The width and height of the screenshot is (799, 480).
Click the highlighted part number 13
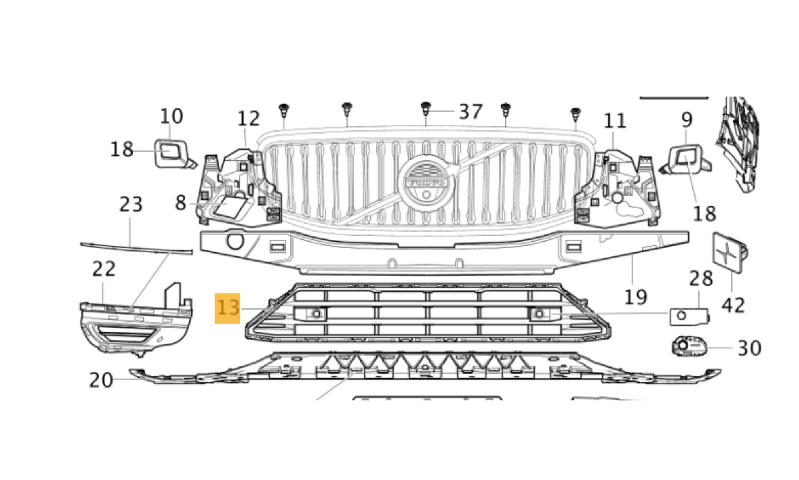click(x=227, y=308)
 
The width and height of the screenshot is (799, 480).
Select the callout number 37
click(x=471, y=112)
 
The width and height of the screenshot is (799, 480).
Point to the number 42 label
click(x=733, y=306)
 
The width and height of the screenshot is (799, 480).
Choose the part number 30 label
click(x=749, y=348)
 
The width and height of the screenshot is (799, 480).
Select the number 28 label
click(x=701, y=278)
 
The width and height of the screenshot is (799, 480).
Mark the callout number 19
click(x=635, y=297)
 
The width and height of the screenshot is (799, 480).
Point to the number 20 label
click(x=101, y=380)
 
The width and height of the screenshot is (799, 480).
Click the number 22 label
click(x=104, y=269)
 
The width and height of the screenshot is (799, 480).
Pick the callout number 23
click(x=131, y=204)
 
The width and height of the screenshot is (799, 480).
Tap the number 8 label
click(x=181, y=203)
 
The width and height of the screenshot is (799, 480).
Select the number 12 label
click(x=248, y=119)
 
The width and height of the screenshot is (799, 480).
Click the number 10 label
click(x=171, y=116)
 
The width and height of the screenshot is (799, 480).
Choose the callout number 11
click(x=614, y=121)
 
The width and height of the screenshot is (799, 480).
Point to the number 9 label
click(x=686, y=120)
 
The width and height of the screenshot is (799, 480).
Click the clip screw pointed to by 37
click(x=426, y=108)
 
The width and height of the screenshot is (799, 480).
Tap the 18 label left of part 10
click(x=121, y=150)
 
